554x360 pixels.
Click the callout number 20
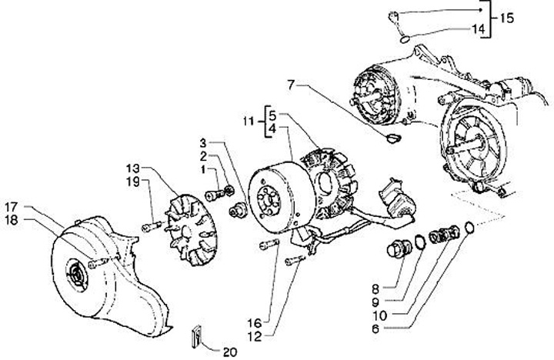[229, 352]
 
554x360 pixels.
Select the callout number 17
[12, 207]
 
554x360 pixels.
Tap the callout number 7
[291, 85]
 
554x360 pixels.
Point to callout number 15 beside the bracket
[506, 18]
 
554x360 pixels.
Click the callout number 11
[249, 122]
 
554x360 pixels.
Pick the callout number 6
[375, 329]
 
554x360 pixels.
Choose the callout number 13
[133, 168]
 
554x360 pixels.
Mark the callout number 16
[255, 323]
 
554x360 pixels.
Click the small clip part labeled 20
[197, 336]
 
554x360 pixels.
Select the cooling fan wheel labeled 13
[191, 230]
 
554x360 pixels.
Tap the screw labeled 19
[152, 226]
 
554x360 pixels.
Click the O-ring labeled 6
[469, 228]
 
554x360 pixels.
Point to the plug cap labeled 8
[399, 248]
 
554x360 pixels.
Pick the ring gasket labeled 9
[420, 242]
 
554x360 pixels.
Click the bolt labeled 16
[269, 245]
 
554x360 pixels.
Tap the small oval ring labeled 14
[405, 39]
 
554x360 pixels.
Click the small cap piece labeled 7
[393, 138]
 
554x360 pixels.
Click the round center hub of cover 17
[76, 275]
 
